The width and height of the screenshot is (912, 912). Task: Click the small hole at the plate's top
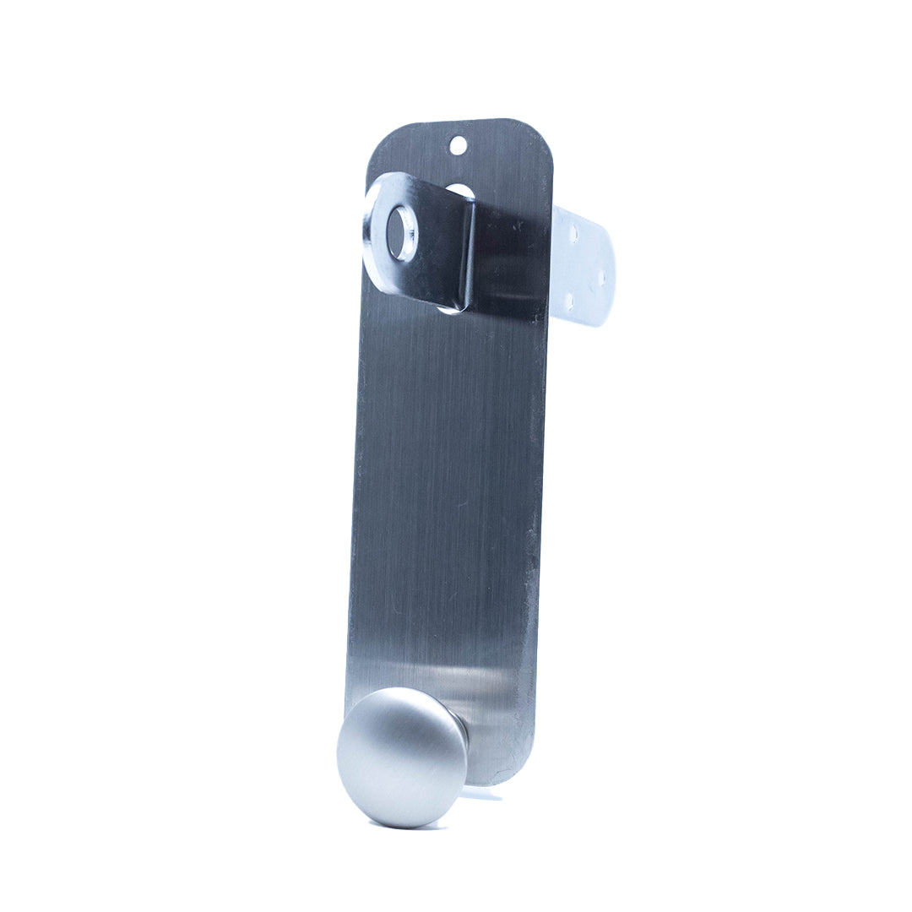click(x=457, y=145)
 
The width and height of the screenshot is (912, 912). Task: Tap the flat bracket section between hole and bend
click(x=435, y=245)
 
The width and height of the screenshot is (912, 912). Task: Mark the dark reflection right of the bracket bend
click(x=507, y=262)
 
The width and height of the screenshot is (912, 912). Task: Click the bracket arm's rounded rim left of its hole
click(x=372, y=228)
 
